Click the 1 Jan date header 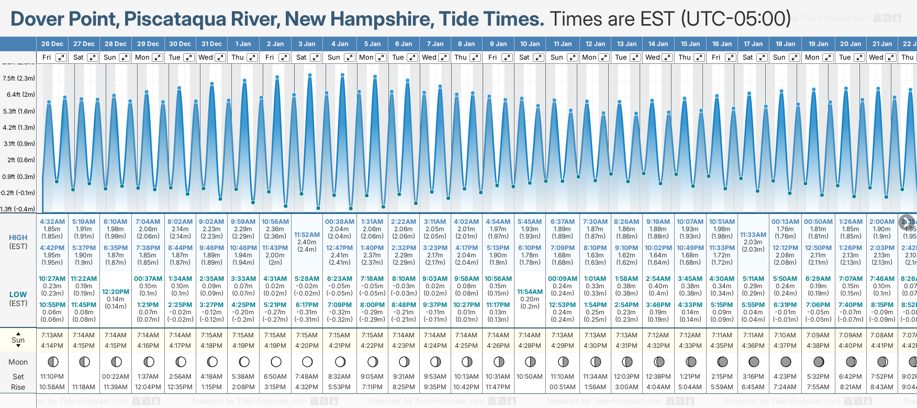click(x=243, y=44)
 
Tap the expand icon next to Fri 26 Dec click(x=61, y=58)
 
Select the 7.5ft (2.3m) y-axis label click(x=19, y=78)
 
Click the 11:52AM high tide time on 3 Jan click(x=307, y=235)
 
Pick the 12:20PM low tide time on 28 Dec click(x=115, y=292)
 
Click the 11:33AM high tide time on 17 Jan click(x=753, y=235)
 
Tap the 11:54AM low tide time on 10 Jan click(x=530, y=292)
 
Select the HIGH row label click(x=18, y=237)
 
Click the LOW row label click(x=18, y=294)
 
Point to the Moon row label click(x=18, y=362)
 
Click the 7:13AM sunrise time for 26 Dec click(x=52, y=335)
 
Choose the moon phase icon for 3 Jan click(x=307, y=361)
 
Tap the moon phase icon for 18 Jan click(x=786, y=361)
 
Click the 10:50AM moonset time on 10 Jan click(x=530, y=377)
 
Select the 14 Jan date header click(x=658, y=44)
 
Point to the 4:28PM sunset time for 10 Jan click(x=530, y=346)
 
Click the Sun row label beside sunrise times click(x=18, y=340)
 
